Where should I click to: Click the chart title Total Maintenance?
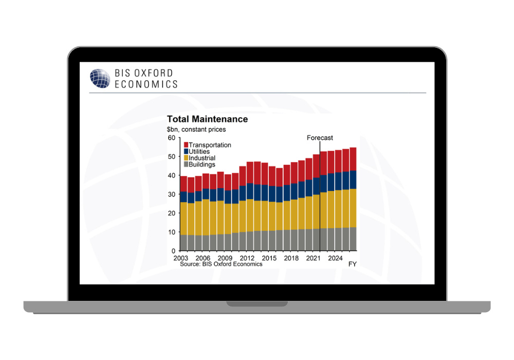(207, 119)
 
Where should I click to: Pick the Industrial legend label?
(202, 158)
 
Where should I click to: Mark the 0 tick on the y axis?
(174, 250)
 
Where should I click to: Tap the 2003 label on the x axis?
(181, 257)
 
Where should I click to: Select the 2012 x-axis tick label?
(247, 257)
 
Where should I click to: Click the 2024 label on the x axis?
(335, 257)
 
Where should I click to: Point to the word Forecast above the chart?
(320, 138)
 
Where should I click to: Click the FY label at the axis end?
(353, 264)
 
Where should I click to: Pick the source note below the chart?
(221, 264)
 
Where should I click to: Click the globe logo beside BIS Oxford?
(100, 78)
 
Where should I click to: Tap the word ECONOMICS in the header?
(146, 84)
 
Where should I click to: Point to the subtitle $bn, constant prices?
(196, 130)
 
